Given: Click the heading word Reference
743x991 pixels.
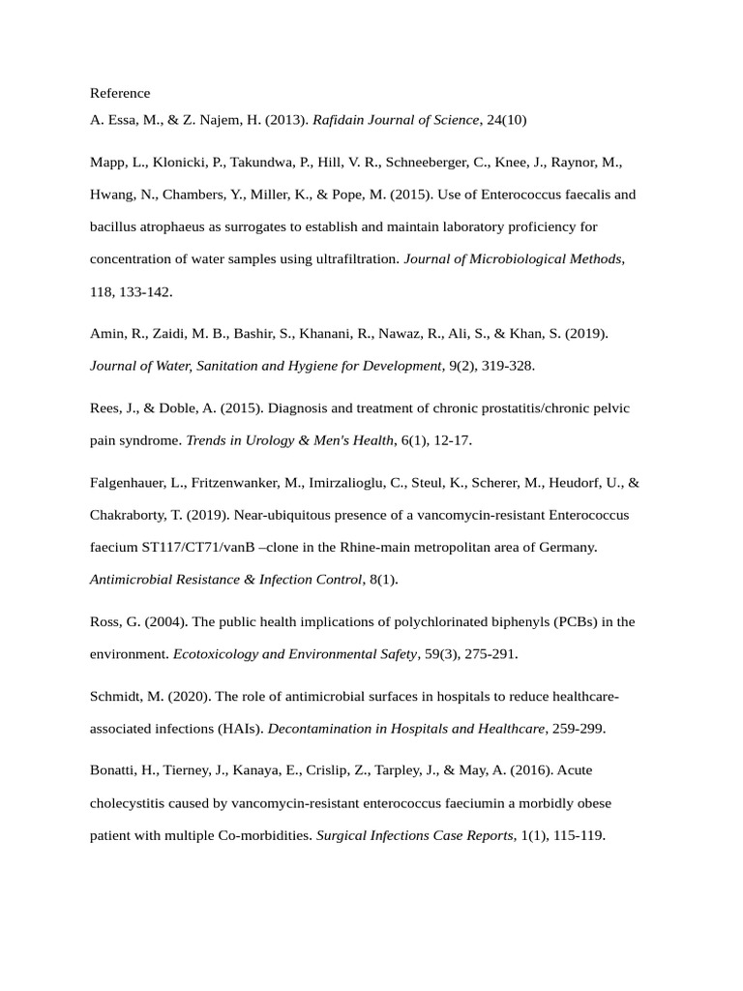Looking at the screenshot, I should [120, 93].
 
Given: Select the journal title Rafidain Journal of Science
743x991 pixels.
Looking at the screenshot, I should [396, 120].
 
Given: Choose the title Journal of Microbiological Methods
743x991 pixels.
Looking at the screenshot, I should [513, 258].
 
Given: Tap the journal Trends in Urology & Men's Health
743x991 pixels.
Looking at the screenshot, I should [290, 440].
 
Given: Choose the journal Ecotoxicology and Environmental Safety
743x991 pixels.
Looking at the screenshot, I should [294, 654].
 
